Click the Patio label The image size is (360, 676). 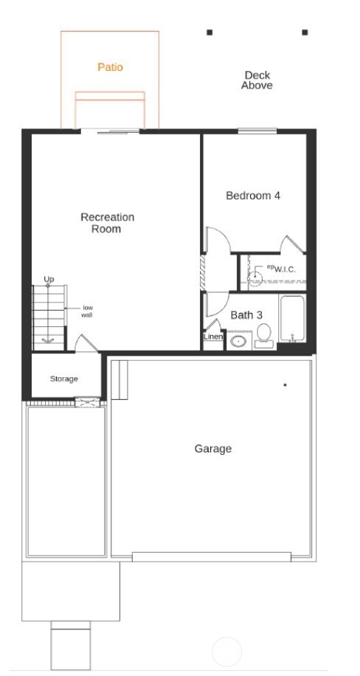click(110, 67)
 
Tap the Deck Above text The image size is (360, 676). click(257, 80)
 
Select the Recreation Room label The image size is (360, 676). click(107, 223)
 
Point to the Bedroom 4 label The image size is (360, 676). click(252, 196)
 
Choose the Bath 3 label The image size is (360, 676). click(246, 315)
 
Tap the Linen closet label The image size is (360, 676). click(212, 337)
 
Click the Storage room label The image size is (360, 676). click(63, 379)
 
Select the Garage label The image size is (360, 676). click(213, 449)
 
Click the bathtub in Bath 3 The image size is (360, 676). click(292, 320)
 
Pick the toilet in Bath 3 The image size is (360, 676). click(263, 336)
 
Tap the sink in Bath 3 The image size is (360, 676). click(238, 341)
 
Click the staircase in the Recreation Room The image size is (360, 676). click(49, 317)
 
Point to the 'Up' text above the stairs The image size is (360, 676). click(49, 279)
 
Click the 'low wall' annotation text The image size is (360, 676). click(87, 311)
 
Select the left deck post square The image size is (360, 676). click(210, 32)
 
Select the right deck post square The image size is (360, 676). click(305, 32)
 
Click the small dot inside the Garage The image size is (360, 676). click(285, 384)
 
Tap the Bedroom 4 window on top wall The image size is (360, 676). click(257, 131)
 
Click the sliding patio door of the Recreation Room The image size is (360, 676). click(110, 131)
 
